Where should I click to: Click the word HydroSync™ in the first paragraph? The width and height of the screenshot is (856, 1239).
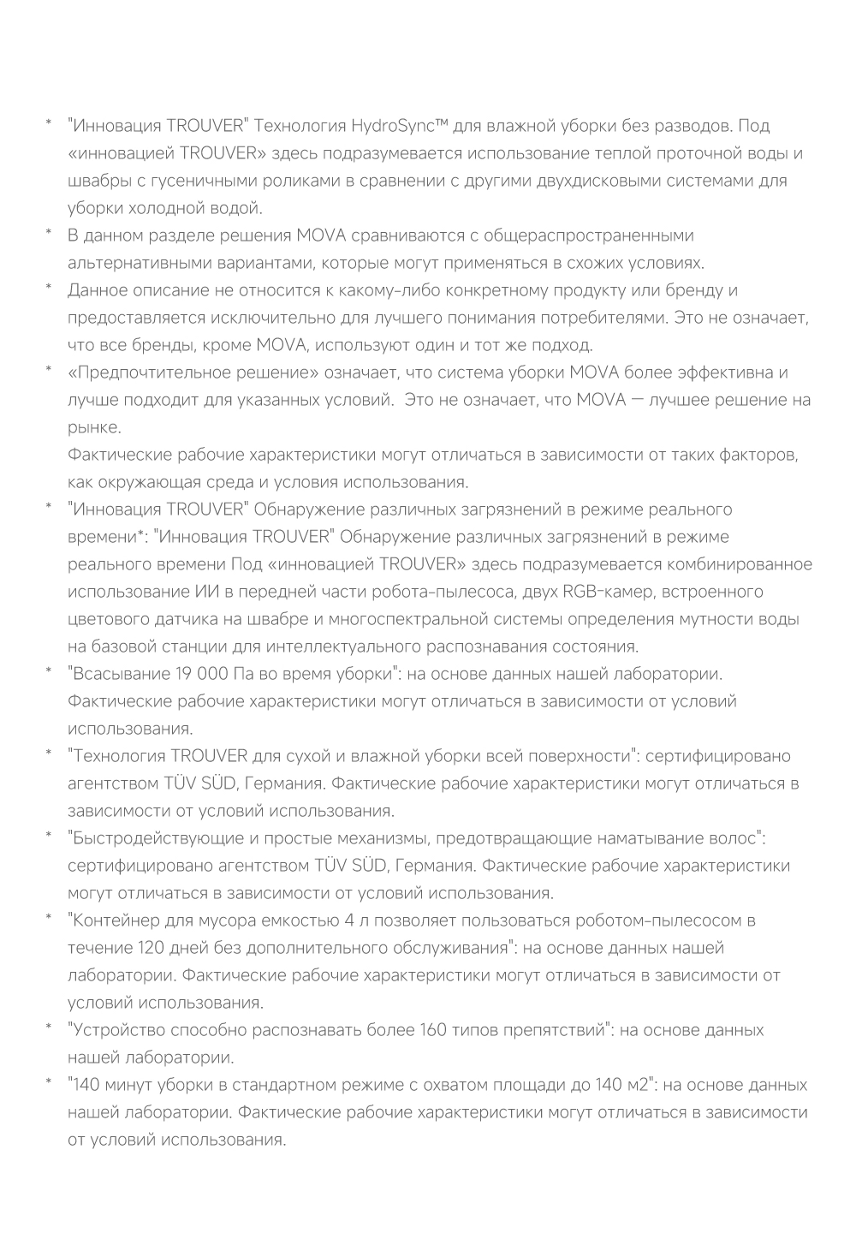click(400, 127)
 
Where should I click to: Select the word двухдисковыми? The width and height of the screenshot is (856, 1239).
click(632, 182)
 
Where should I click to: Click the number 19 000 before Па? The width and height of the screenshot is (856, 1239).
click(201, 675)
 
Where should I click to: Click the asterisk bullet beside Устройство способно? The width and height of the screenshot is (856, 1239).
click(49, 1026)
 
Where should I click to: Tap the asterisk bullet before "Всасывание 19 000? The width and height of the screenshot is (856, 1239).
click(49, 670)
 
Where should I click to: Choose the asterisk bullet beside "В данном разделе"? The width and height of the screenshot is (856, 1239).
click(49, 231)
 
